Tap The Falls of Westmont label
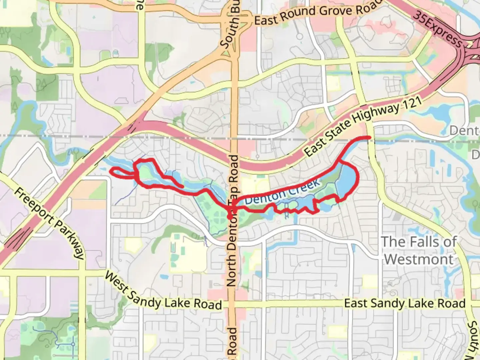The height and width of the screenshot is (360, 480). pos(419,250)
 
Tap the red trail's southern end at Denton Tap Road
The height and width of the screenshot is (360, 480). pos(230,217)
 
